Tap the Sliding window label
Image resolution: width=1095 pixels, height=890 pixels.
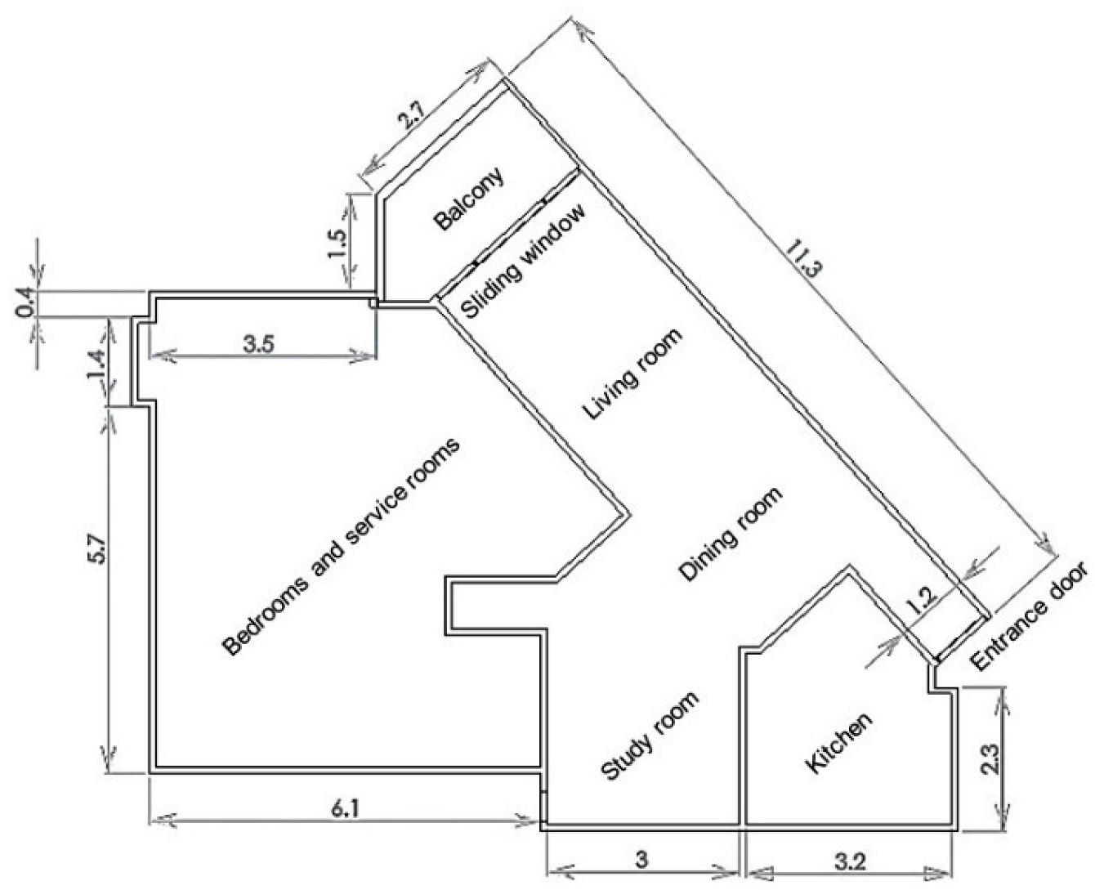tap(523, 262)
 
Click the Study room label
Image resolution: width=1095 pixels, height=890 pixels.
tap(650, 736)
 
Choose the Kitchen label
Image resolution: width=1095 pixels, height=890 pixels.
tap(839, 742)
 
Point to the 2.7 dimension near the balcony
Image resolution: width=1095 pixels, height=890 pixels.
tap(411, 120)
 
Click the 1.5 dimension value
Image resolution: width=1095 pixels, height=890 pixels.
tap(337, 243)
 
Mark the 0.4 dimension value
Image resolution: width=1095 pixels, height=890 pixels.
tap(27, 304)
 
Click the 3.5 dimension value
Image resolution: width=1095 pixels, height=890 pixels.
tap(259, 343)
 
